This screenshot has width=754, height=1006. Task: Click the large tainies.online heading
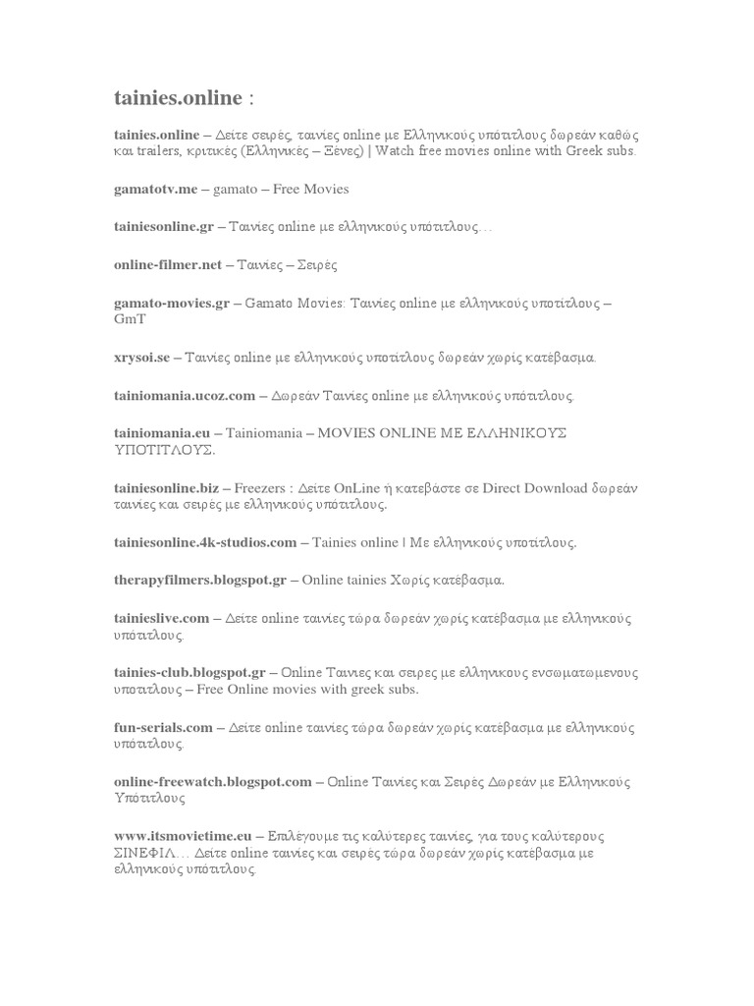(x=177, y=98)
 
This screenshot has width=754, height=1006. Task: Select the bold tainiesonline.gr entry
(x=163, y=226)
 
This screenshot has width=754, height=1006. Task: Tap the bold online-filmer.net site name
(x=168, y=264)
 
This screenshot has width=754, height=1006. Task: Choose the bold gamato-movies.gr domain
(x=172, y=304)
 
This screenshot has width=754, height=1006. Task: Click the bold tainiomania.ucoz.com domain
(x=185, y=395)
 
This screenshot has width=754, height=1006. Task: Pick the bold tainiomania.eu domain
(x=162, y=433)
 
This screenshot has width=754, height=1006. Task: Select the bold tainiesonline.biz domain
(x=166, y=488)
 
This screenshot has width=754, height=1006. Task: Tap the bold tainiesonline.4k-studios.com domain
(x=205, y=542)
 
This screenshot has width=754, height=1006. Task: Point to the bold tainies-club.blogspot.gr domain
(x=189, y=673)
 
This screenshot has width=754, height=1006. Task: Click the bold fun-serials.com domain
(x=163, y=728)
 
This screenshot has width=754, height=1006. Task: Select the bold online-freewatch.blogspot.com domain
(x=212, y=782)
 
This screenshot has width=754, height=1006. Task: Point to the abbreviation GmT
(x=129, y=320)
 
